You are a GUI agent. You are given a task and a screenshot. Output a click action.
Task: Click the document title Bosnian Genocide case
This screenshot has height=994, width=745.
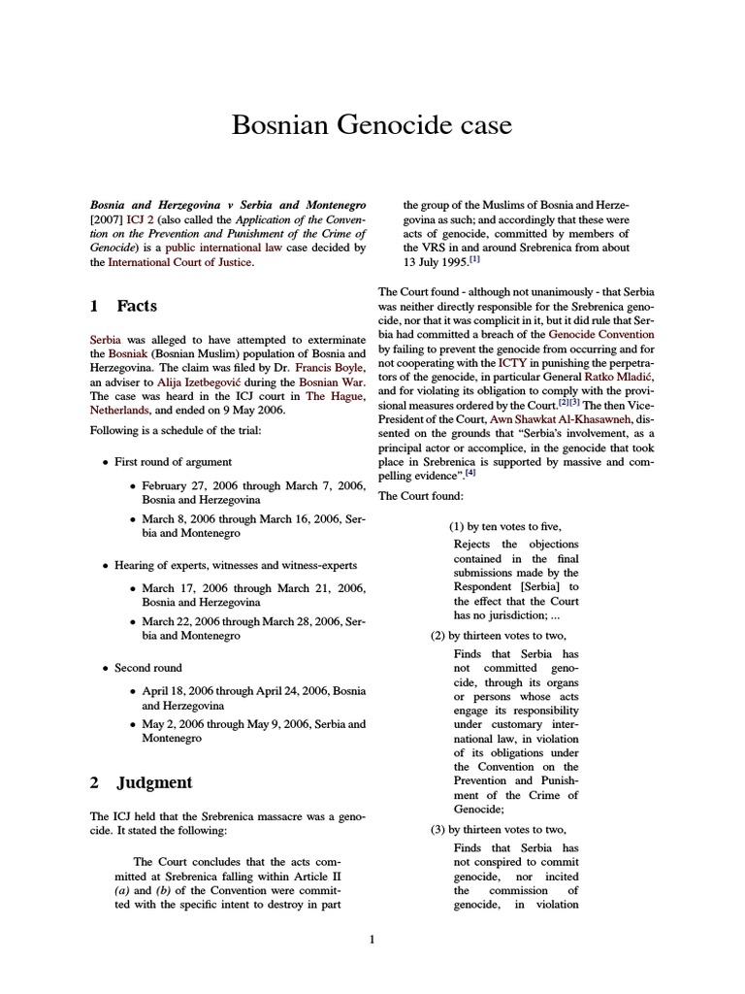[372, 125]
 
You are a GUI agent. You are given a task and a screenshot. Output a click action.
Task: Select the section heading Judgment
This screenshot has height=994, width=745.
[154, 782]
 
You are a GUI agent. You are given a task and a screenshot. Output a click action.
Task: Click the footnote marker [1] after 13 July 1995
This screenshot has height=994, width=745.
[474, 260]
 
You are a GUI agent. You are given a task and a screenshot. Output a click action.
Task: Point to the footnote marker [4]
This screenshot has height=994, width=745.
[470, 474]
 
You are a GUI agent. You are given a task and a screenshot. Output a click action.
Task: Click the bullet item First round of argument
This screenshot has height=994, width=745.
[173, 461]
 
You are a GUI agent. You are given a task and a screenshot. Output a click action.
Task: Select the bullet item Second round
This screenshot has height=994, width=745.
[147, 668]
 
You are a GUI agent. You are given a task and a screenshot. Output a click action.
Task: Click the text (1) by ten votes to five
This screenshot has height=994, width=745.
[504, 526]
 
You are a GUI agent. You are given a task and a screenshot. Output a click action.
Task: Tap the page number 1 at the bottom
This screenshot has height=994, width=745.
[372, 939]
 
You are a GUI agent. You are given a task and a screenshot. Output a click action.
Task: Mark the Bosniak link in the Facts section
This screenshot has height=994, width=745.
[128, 355]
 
